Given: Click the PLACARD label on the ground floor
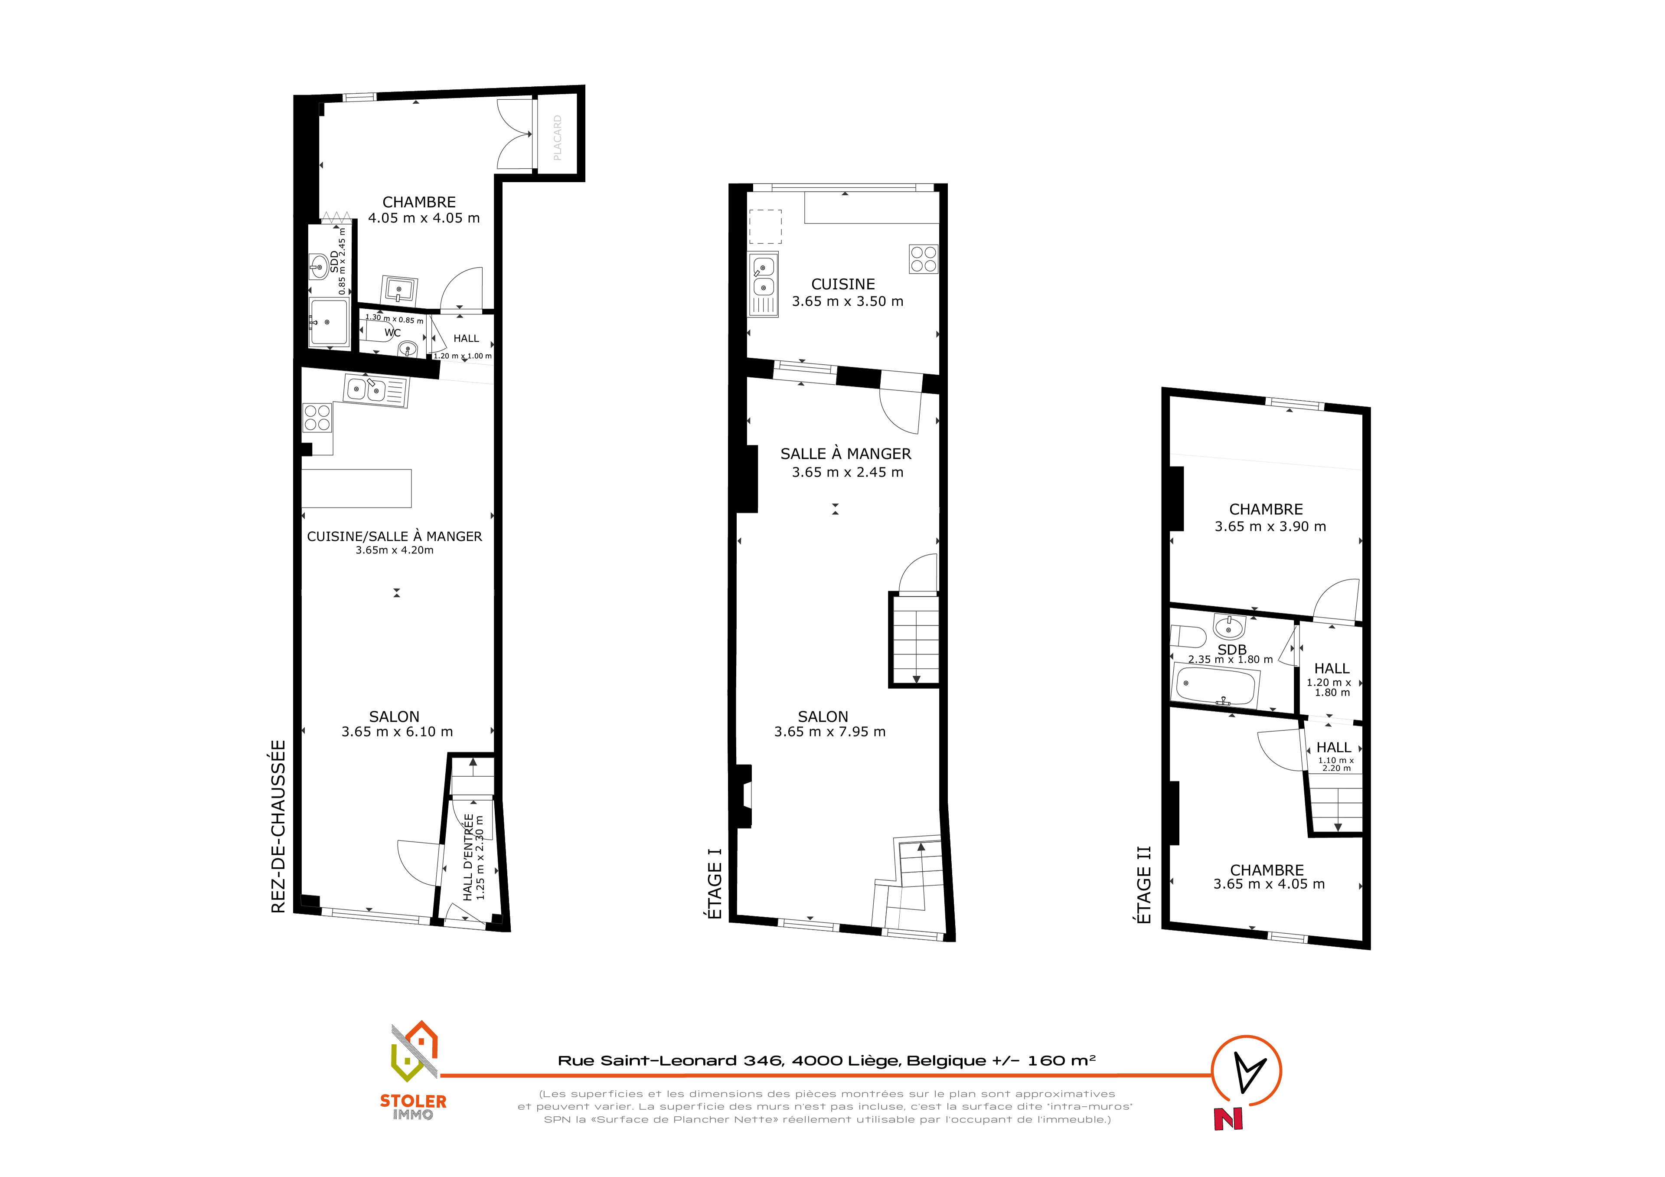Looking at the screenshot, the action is tap(557, 138).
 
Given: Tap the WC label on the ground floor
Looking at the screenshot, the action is tap(392, 333).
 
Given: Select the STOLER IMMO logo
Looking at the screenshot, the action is tap(413, 1070).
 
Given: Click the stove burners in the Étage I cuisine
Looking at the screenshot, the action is tap(923, 259).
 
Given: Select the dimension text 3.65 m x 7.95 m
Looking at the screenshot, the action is tap(829, 732).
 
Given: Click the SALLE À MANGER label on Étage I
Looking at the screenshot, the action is tap(846, 454).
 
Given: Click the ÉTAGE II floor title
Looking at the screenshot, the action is tap(1143, 885).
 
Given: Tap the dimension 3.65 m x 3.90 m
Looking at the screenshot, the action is tap(1270, 526).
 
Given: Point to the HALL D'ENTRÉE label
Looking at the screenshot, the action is tap(468, 857).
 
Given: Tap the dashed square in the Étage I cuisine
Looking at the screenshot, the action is tap(765, 226).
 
